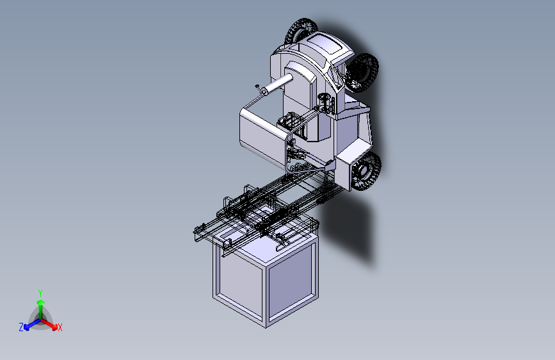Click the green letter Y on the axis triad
pos(40,292)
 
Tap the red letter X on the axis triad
pos(60,328)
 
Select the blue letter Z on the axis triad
pos(21,327)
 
